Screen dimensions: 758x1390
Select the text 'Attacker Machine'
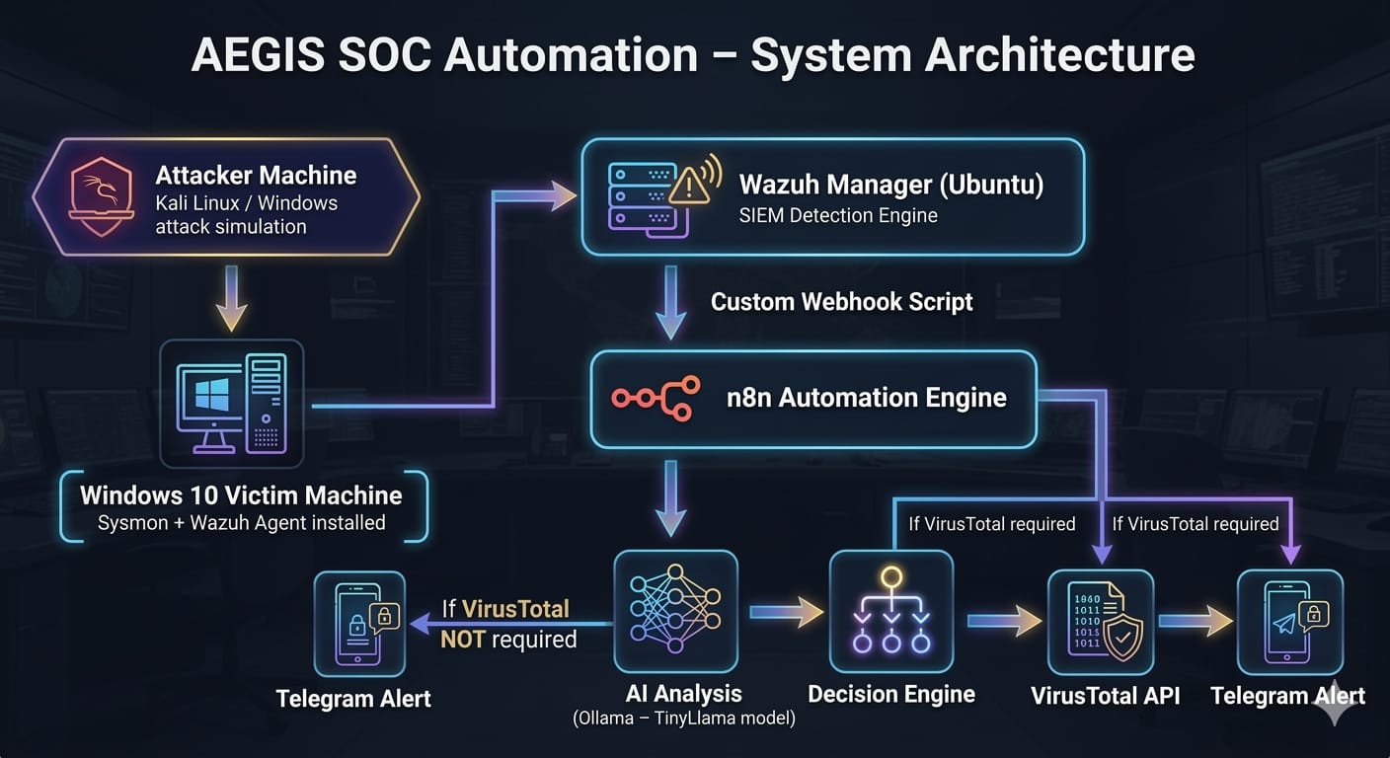pyautogui.click(x=256, y=176)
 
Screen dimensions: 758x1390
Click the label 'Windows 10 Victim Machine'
pyautogui.click(x=241, y=495)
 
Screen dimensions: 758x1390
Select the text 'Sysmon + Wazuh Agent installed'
pyautogui.click(x=241, y=523)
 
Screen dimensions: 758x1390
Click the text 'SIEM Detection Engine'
pyautogui.click(x=838, y=215)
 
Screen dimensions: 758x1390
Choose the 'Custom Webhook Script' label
pyautogui.click(x=841, y=302)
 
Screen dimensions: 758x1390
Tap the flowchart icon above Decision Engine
pyautogui.click(x=890, y=612)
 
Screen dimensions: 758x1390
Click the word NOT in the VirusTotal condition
pyautogui.click(x=462, y=640)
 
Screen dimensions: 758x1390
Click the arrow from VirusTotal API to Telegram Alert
pyautogui.click(x=1196, y=621)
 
